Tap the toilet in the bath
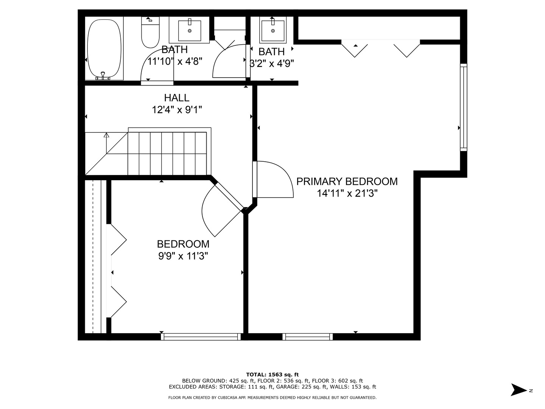point(150,32)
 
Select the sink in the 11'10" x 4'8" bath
point(190,30)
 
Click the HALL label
point(176,98)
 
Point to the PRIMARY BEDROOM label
point(347,181)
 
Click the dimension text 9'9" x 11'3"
point(183,256)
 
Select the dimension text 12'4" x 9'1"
point(177,109)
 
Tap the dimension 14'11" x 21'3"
point(347,193)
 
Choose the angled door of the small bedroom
point(229,196)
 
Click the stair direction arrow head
point(106,135)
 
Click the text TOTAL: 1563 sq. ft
point(272,375)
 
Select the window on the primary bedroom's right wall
point(463,107)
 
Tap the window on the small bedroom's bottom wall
point(201,337)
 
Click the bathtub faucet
point(103,76)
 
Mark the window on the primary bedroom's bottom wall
point(307,337)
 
